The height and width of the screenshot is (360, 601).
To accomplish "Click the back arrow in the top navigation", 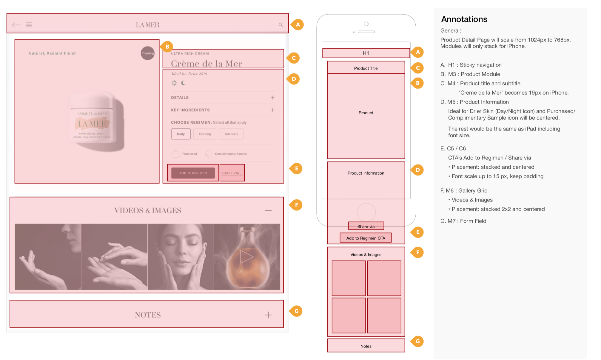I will pyautogui.click(x=16, y=25).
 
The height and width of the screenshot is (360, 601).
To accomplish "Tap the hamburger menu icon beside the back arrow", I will pyautogui.click(x=29, y=25).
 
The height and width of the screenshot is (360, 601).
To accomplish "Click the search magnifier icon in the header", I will pyautogui.click(x=281, y=25).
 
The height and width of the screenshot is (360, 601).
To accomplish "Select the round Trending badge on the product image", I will pyautogui.click(x=147, y=53).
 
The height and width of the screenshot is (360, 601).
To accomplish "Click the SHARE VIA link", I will pyautogui.click(x=232, y=173).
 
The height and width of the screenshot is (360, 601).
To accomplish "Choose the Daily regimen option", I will pyautogui.click(x=181, y=134).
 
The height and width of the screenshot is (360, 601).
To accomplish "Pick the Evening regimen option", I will pyautogui.click(x=205, y=134).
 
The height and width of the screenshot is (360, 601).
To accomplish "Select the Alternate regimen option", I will pyautogui.click(x=231, y=134).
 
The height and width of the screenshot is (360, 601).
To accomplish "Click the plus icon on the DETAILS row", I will pyautogui.click(x=272, y=98).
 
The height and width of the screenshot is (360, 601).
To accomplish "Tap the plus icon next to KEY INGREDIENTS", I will pyautogui.click(x=272, y=110).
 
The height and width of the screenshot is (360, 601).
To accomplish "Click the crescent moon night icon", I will pyautogui.click(x=183, y=83).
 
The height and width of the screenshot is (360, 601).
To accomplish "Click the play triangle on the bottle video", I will pyautogui.click(x=246, y=257).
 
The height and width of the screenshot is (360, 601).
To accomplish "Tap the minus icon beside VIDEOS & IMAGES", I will pyautogui.click(x=268, y=211).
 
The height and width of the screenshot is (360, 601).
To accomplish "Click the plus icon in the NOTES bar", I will pyautogui.click(x=268, y=315).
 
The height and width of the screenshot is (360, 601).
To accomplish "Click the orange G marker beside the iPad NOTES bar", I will pyautogui.click(x=296, y=311).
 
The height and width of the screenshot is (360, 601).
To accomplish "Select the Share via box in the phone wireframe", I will pyautogui.click(x=366, y=226).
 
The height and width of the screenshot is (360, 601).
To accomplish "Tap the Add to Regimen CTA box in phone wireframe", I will pyautogui.click(x=366, y=238).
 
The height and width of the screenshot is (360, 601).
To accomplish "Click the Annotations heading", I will pyautogui.click(x=464, y=19).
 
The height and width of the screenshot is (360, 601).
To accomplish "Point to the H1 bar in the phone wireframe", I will pyautogui.click(x=366, y=53).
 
